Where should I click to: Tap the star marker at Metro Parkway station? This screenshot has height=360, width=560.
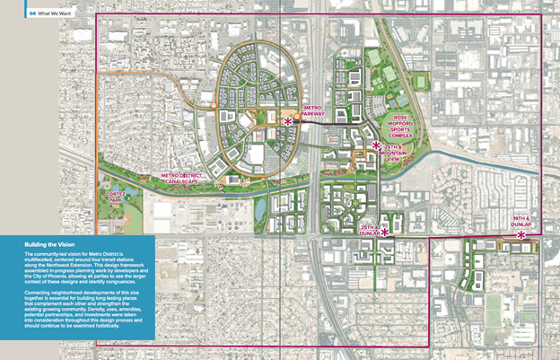[x=288, y=121]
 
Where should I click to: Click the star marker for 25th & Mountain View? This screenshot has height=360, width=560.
[x=376, y=145]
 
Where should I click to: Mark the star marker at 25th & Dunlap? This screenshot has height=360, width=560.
[x=385, y=233]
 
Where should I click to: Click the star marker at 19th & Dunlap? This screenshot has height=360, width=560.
[x=521, y=235]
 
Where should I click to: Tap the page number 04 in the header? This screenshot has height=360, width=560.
[x=33, y=13]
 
